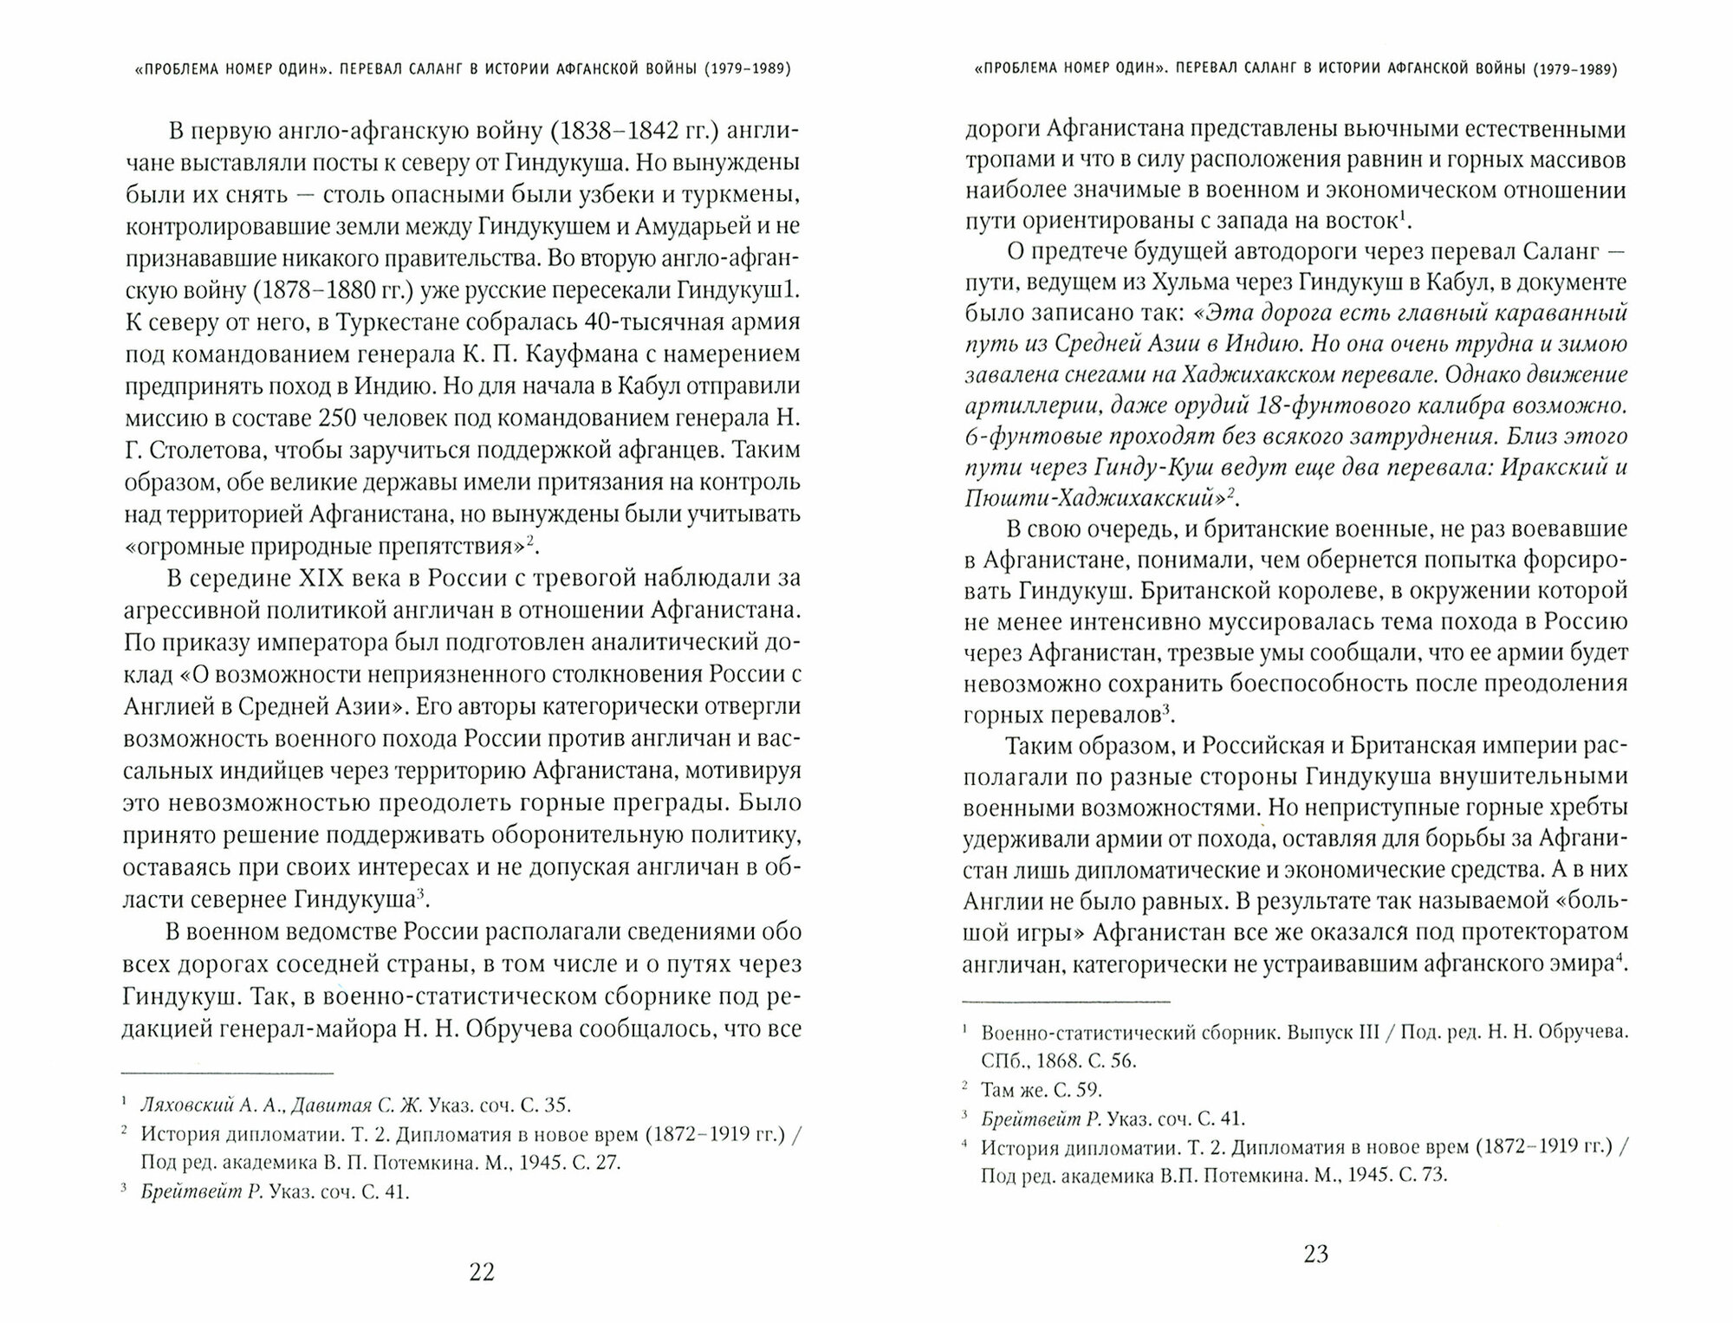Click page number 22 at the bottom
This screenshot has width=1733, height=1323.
(x=481, y=1272)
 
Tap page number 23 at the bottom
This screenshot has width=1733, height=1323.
(x=1315, y=1254)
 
